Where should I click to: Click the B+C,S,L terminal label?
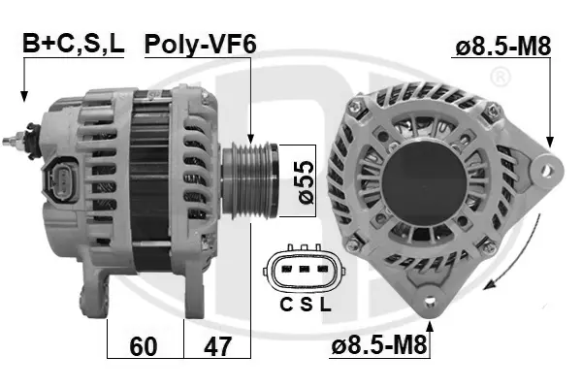[73, 43]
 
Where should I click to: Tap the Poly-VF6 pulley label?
[201, 45]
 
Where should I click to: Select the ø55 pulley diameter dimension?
[307, 182]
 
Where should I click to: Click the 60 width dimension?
[144, 346]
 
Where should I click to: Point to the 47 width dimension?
[217, 346]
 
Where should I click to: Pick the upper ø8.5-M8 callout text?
[502, 47]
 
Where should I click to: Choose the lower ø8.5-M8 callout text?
[379, 346]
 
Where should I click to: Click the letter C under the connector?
[286, 305]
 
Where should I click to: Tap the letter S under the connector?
[307, 305]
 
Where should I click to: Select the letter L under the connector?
[325, 305]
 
